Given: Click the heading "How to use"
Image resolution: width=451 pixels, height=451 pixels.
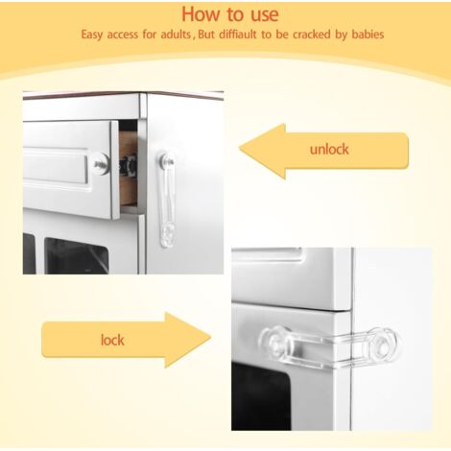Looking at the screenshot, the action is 230,14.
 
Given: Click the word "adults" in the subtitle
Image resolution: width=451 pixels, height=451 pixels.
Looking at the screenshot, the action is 176,35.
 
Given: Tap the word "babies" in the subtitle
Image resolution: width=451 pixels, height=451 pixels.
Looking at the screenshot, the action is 368,35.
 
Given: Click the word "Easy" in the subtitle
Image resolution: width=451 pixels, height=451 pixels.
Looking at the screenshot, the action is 92,36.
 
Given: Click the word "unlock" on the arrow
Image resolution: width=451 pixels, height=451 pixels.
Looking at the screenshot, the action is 329,150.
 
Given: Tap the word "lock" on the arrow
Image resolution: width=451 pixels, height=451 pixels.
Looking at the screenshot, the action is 112,340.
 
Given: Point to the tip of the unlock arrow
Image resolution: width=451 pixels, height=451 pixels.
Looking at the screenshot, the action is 240,149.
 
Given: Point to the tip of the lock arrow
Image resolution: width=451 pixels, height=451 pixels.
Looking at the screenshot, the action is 211,338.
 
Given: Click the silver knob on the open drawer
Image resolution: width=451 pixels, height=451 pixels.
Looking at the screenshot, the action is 102,164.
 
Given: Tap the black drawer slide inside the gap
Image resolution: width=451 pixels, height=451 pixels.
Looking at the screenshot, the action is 129,166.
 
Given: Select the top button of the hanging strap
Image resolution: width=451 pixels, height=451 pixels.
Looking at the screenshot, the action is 167,159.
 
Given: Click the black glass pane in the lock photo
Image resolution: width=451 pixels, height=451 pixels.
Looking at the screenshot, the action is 261,395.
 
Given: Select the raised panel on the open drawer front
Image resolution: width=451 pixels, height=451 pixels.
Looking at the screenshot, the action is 56,167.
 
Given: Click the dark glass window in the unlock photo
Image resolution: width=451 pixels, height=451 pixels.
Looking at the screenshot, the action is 76,255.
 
